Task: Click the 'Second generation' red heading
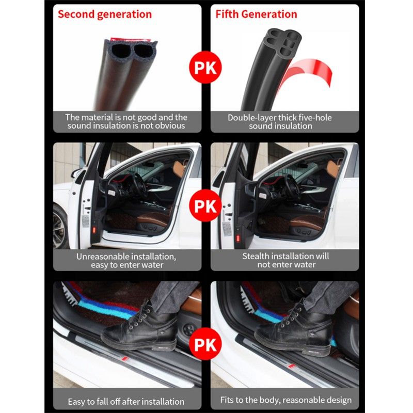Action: tap(105, 14)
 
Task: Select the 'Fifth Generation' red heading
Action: tap(256, 14)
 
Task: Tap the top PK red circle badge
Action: tap(205, 68)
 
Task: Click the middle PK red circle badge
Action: tap(205, 205)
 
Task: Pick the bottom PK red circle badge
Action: tap(205, 344)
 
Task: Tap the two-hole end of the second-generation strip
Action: tap(131, 50)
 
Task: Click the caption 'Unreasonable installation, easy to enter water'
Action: tap(126, 261)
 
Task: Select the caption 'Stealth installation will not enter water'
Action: tap(286, 260)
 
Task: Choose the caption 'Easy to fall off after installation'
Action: tap(126, 402)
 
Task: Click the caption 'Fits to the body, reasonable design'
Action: tap(286, 400)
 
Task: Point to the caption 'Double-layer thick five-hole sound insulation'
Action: tap(280, 122)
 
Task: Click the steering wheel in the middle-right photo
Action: tap(292, 187)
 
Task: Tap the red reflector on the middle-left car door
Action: tap(94, 230)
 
